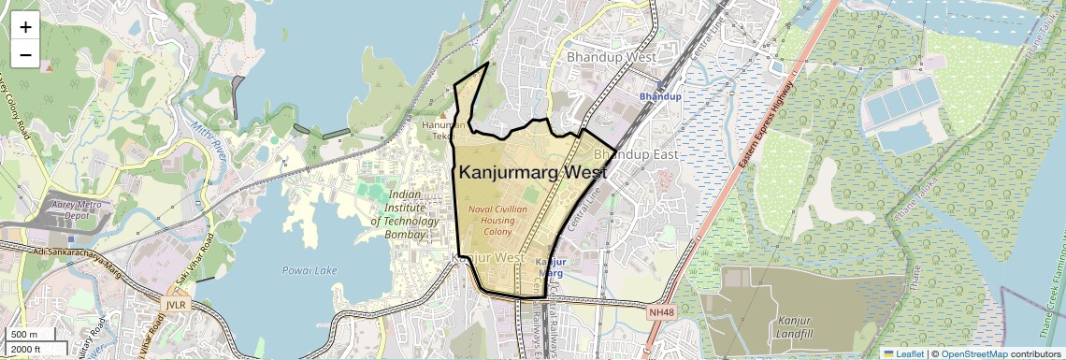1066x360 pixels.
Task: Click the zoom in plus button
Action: (25, 27)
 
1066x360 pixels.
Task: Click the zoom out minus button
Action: (25, 55)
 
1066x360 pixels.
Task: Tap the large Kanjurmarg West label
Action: (532, 172)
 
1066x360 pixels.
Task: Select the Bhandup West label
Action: (612, 57)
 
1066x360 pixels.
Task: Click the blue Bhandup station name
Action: (660, 96)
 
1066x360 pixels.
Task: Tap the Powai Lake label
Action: (310, 270)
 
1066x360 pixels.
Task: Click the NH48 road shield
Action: (660, 311)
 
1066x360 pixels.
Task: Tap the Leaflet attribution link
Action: (903, 353)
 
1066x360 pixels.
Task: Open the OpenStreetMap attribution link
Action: (973, 353)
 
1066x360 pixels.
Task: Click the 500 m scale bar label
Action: (25, 334)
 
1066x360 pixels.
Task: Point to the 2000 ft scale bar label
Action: (27, 349)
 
